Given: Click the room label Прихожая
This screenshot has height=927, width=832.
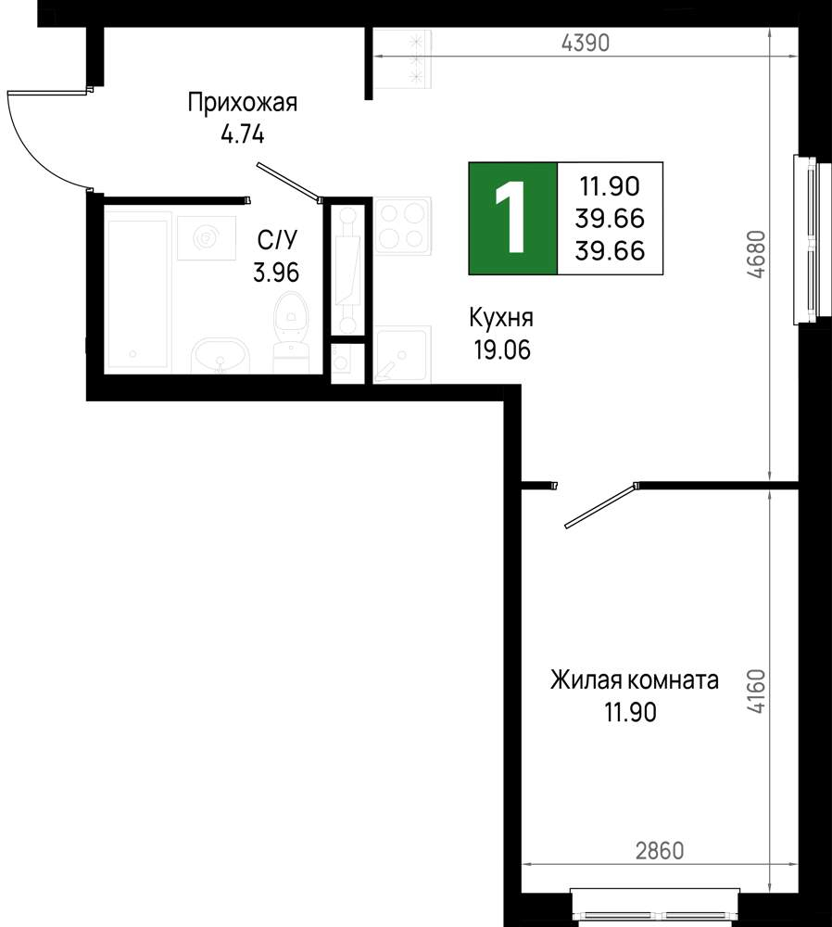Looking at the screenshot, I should click(x=242, y=103).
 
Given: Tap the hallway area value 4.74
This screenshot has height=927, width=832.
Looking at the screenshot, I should click(x=242, y=134).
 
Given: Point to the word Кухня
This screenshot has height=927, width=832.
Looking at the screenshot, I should click(x=501, y=319).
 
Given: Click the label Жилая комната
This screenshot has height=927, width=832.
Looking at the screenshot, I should click(x=635, y=681).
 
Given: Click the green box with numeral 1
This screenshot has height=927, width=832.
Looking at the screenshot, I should click(x=512, y=219).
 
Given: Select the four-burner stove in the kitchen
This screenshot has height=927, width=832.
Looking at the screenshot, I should click(x=402, y=225).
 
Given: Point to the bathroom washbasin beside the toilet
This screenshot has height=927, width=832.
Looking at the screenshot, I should click(x=220, y=356).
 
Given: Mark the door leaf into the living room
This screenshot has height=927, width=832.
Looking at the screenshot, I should click(x=599, y=506).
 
